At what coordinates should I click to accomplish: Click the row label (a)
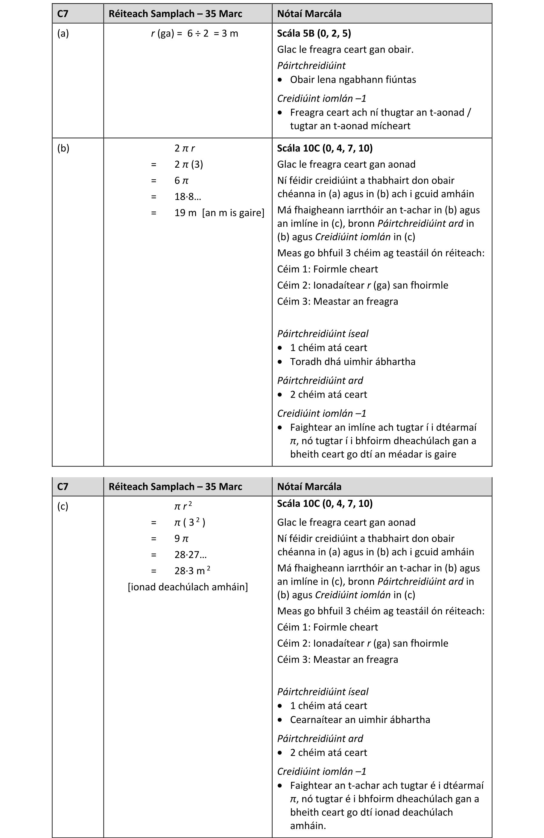coord(63,34)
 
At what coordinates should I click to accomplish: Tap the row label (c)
coord(63,506)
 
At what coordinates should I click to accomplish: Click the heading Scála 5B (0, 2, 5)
coord(314,34)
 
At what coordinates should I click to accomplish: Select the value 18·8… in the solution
coord(188,197)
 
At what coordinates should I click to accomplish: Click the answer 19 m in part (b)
coord(185,213)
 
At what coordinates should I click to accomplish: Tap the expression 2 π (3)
coord(189,164)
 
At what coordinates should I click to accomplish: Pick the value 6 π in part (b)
coord(182,181)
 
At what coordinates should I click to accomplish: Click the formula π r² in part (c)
coord(183,506)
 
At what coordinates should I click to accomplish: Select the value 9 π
coord(182,539)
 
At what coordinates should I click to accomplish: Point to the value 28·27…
coord(190,555)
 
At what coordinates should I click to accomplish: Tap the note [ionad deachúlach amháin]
coord(188,587)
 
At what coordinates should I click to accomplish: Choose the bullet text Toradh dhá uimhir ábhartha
coord(352,362)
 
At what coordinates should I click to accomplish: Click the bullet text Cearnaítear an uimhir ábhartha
coord(360,720)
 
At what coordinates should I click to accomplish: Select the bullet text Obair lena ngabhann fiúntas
coord(353,80)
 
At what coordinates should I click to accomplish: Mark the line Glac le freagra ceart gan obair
coord(345,50)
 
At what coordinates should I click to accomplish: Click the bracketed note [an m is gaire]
coord(233,213)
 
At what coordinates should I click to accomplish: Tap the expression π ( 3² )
coord(190,522)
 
